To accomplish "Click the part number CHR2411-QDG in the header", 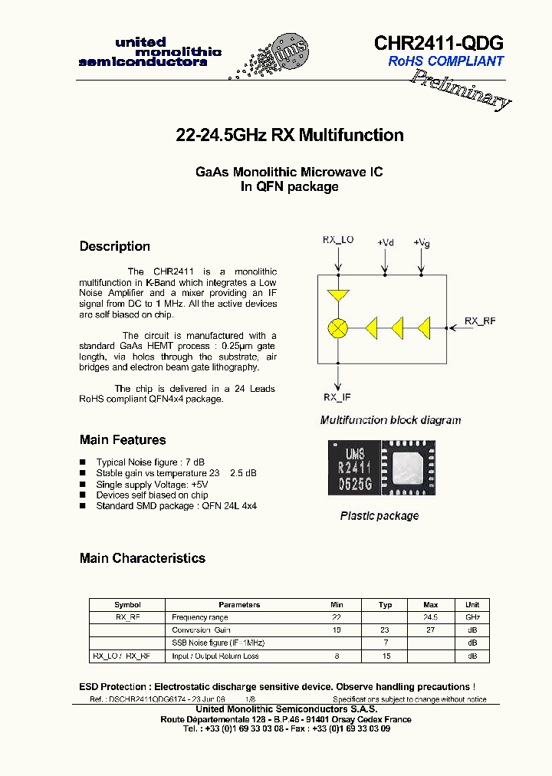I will [x=439, y=43].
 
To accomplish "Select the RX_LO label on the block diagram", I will [x=337, y=240].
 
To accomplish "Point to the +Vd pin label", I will [x=385, y=242].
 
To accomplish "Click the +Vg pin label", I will [x=421, y=242].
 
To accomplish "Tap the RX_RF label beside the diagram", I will [x=480, y=321].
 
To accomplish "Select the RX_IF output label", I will [x=337, y=397].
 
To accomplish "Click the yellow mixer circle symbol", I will [x=337, y=328].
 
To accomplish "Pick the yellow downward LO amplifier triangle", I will [x=337, y=296].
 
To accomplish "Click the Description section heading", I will [x=115, y=246].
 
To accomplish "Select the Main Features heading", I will [x=123, y=440].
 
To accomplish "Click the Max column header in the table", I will [x=431, y=605].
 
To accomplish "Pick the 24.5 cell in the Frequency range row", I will [x=431, y=617].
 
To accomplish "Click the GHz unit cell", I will [x=472, y=617].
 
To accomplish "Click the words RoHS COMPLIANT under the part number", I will [x=445, y=61].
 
